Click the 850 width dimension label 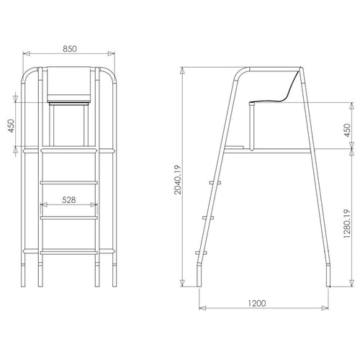(x=70, y=48)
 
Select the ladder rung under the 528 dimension (x=69, y=215)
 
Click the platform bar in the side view (x=274, y=149)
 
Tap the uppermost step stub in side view (x=213, y=182)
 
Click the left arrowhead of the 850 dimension (x=25, y=53)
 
